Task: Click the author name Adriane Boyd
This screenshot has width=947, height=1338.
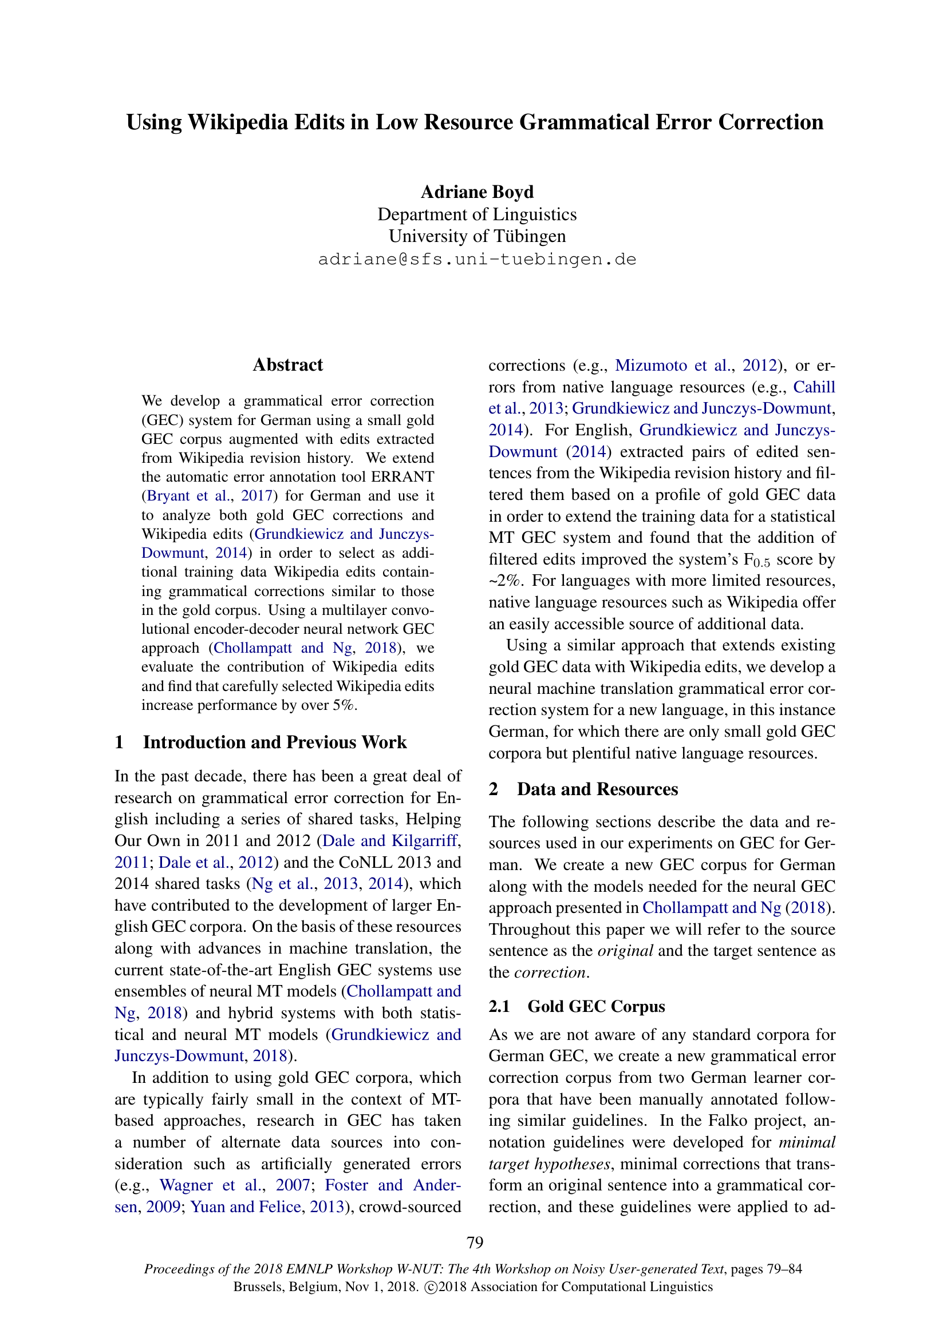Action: pyautogui.click(x=477, y=192)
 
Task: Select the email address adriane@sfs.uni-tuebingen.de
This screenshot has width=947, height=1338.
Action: pyautogui.click(x=477, y=259)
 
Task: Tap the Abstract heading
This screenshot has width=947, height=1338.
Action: pyautogui.click(x=287, y=365)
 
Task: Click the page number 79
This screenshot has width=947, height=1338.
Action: pyautogui.click(x=475, y=1242)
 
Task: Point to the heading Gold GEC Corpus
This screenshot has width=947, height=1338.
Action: pyautogui.click(x=596, y=1006)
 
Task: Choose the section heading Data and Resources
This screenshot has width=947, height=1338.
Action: pyautogui.click(x=597, y=789)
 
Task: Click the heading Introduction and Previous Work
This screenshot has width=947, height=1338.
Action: pyautogui.click(x=275, y=742)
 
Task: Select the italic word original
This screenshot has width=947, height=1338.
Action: pyautogui.click(x=625, y=951)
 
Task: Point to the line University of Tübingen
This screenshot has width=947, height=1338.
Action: pyautogui.click(x=477, y=236)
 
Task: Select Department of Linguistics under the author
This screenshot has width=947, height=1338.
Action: pyautogui.click(x=477, y=214)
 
